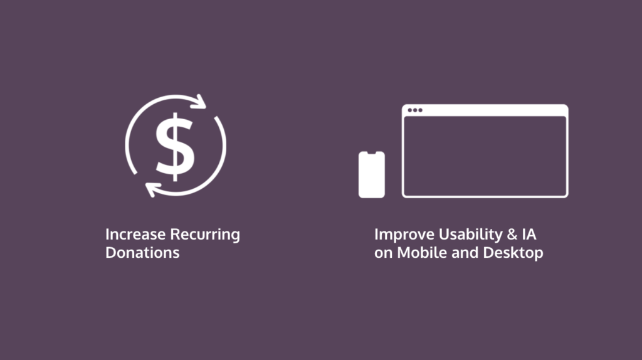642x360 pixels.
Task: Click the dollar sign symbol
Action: click(176, 147)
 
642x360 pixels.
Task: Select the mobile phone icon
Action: click(372, 174)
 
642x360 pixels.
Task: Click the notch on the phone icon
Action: click(372, 153)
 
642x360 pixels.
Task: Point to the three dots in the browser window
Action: click(415, 110)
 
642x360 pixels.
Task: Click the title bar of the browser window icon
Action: click(485, 110)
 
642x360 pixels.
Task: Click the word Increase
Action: click(136, 235)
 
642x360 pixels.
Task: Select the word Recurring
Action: click(205, 235)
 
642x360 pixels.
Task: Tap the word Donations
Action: click(142, 253)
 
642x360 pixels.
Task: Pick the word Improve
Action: click(404, 235)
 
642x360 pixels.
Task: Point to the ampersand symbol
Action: click(512, 235)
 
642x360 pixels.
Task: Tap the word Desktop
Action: click(513, 253)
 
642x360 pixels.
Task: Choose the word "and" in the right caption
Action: click(465, 252)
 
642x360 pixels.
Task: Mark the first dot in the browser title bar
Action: click(410, 110)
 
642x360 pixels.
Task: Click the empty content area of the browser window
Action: click(485, 156)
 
